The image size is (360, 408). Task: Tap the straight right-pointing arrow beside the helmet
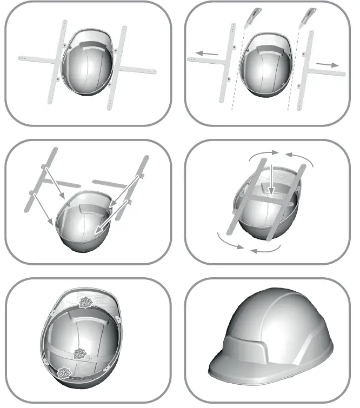[328, 64]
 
